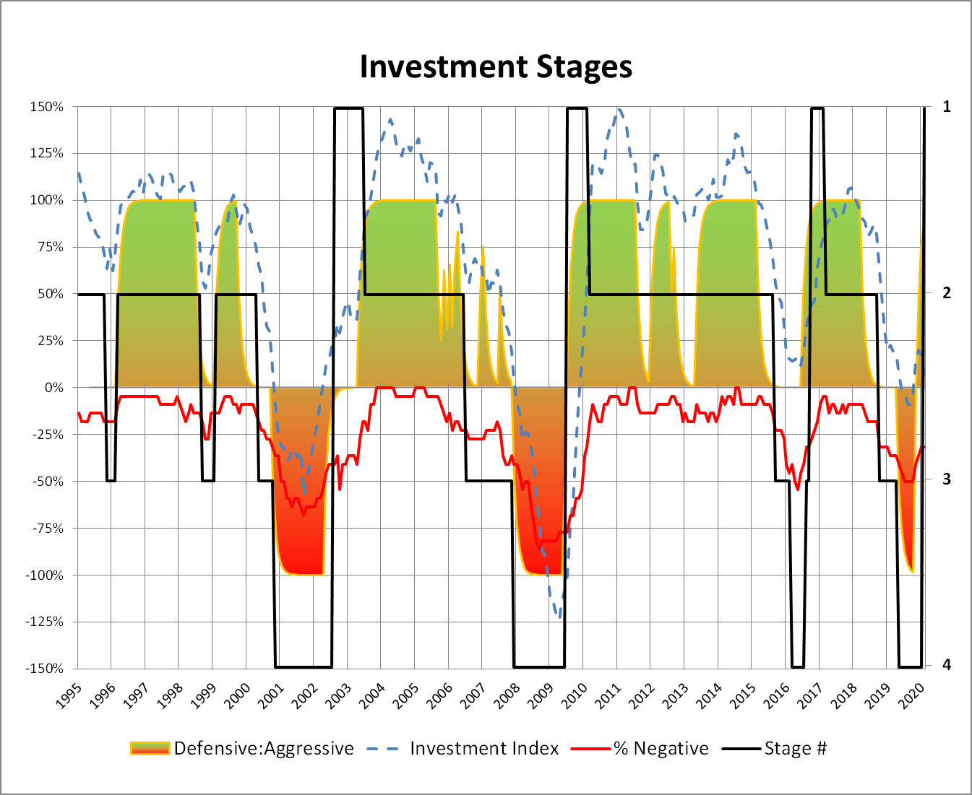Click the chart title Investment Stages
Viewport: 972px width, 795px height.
496,66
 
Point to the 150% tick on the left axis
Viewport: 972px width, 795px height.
46,107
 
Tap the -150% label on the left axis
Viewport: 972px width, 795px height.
44,669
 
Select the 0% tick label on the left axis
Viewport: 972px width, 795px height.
53,388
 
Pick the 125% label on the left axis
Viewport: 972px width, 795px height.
46,153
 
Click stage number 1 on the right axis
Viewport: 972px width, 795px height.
947,107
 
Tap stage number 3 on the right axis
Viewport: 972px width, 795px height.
947,479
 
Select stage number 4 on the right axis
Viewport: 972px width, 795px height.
947,665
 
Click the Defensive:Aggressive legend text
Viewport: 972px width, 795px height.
264,749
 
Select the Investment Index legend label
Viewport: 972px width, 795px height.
484,749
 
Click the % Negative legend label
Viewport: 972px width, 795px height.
661,749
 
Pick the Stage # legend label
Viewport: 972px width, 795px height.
795,749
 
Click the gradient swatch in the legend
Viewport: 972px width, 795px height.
150,749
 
